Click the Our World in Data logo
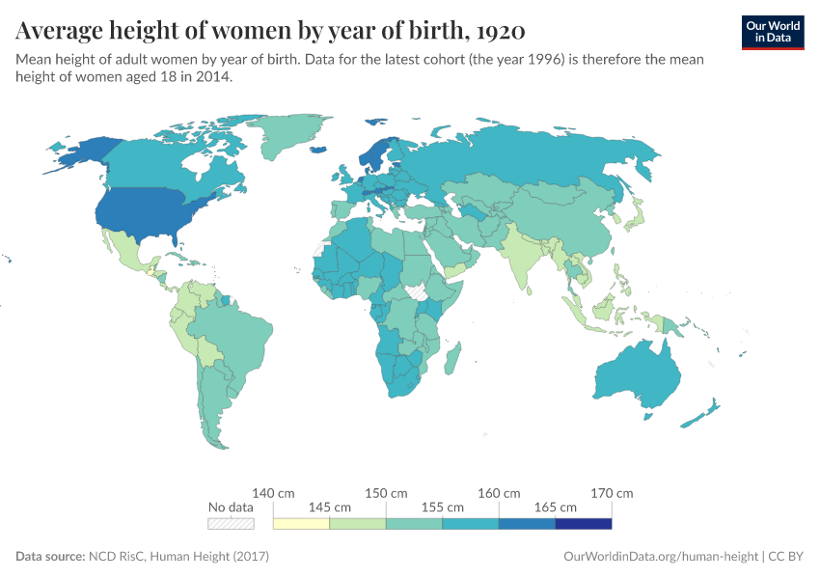(x=772, y=32)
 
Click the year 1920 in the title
(x=500, y=31)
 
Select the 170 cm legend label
(x=612, y=493)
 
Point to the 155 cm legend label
(x=442, y=507)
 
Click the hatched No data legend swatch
(x=231, y=524)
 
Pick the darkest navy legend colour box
(x=584, y=524)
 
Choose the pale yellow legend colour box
(x=301, y=524)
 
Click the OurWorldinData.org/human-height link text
(x=660, y=557)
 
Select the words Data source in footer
(x=49, y=557)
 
